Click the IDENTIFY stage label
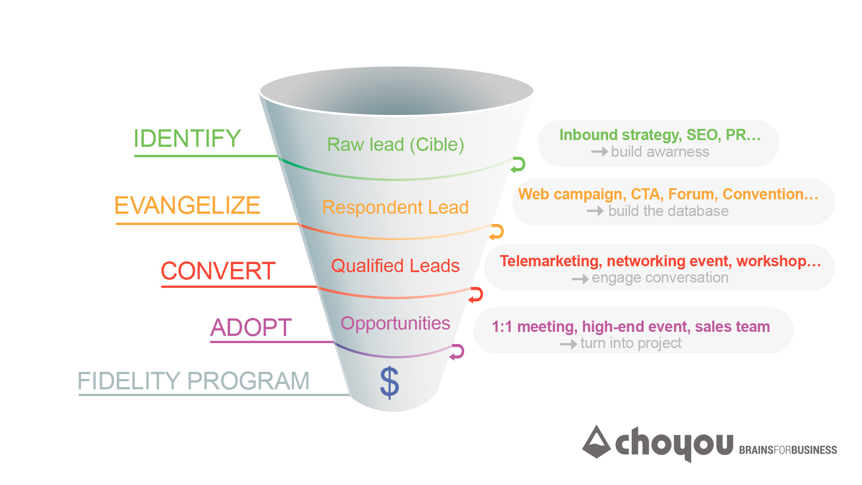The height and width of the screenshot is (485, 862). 187,138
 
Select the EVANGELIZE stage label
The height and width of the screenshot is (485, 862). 187,205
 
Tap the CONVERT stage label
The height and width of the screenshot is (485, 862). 218,271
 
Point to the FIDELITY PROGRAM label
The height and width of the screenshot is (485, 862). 194,381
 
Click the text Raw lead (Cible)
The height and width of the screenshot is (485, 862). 396,145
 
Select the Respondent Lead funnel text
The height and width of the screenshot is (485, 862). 396,207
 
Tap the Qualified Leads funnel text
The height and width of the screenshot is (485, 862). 396,266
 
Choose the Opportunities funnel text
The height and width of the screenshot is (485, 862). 396,324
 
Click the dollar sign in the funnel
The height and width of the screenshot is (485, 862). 389,382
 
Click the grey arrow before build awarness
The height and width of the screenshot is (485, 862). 599,152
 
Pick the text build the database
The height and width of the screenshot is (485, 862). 668,211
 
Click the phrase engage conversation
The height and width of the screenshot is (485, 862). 660,278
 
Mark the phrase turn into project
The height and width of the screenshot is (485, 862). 631,344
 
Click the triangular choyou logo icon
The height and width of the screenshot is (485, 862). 596,442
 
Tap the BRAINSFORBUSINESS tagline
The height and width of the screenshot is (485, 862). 788,450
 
